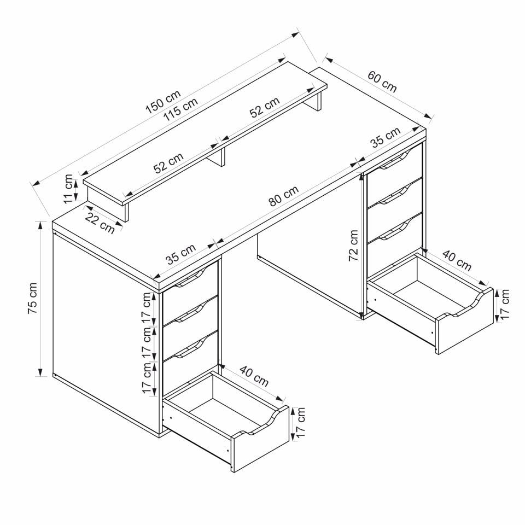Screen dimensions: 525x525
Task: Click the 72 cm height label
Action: pos(354,245)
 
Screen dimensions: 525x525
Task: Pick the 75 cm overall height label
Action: pos(32,298)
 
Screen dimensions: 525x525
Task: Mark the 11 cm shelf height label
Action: pos(68,189)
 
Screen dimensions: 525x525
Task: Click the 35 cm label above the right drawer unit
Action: pos(385,138)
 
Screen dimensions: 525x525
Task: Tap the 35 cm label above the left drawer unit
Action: pos(180,254)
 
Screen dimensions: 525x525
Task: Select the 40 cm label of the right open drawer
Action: pos(456,261)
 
